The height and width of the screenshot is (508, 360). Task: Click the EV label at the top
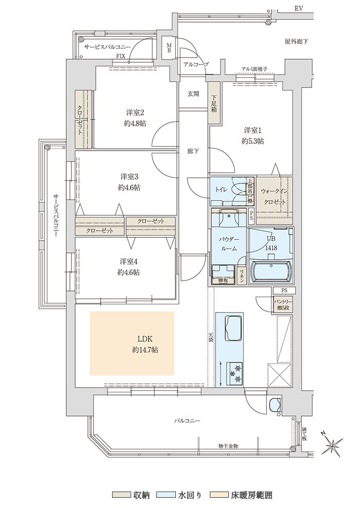tap(299, 8)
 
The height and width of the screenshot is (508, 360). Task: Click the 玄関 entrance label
tap(193, 94)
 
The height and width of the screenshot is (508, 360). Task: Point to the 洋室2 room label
tap(135, 113)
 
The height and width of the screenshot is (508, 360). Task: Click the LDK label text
tap(146, 339)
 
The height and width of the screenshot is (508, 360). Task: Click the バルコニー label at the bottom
tap(187, 421)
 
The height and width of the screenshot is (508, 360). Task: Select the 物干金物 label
tap(228, 446)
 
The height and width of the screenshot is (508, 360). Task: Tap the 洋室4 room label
tap(129, 261)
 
